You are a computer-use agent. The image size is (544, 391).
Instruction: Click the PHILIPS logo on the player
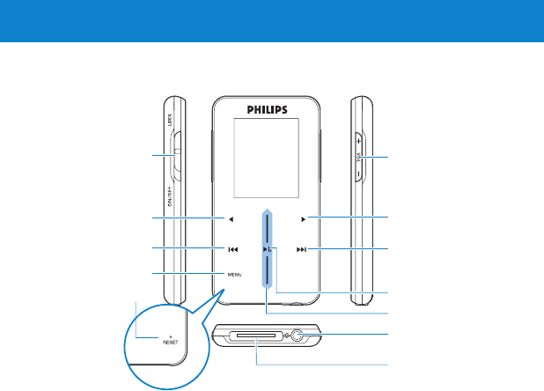point(267,113)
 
